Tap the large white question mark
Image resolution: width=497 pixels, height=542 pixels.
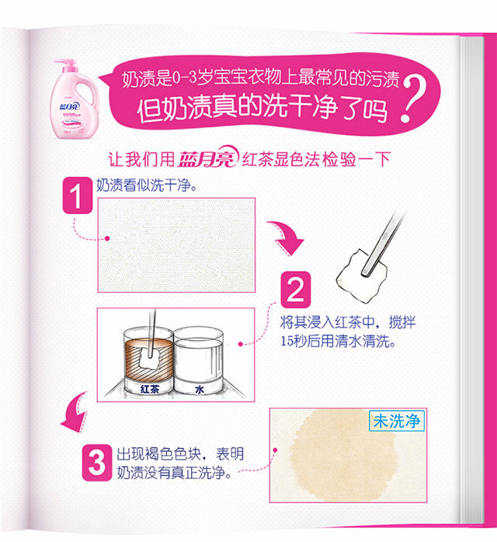pos(412,99)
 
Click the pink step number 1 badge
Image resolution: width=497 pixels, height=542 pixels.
pos(78,196)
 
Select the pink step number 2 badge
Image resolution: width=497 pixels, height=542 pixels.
pos(296,290)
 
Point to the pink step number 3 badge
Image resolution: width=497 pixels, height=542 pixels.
pos(97,463)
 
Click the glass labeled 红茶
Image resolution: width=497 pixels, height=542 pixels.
pos(148,361)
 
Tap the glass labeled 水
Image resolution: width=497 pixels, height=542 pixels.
pos(198,360)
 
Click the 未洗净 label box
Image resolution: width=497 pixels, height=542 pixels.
pos(397,421)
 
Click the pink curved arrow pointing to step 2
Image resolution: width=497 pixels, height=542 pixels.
pos(287,238)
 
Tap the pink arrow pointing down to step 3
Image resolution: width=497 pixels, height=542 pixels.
pos(75,413)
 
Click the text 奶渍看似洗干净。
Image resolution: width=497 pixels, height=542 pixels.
pos(147,186)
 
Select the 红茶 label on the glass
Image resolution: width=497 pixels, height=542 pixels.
pos(149,389)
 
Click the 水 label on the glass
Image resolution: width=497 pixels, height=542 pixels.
pos(200,390)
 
